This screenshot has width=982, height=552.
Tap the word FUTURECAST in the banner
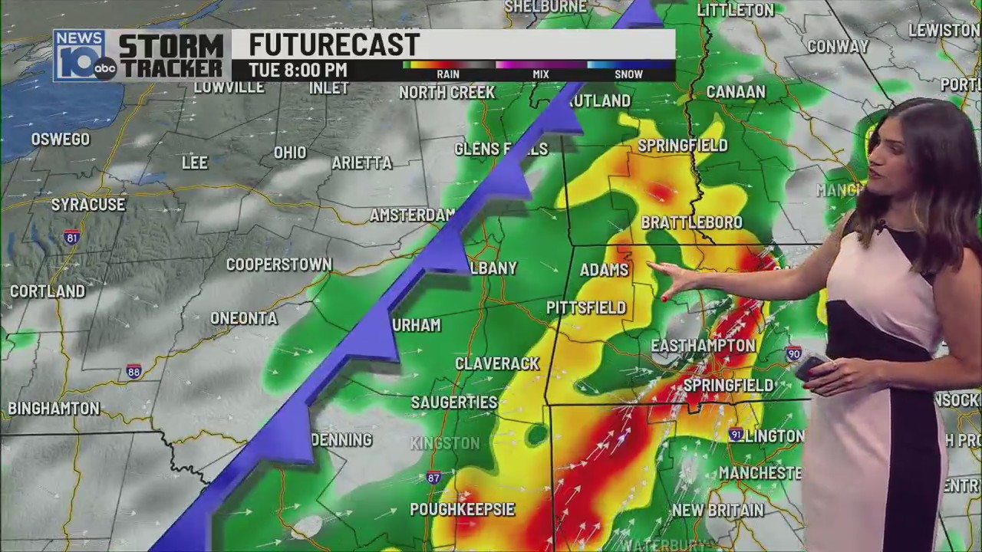pyautogui.click(x=334, y=44)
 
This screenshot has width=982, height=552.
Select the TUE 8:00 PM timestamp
pyautogui.click(x=298, y=70)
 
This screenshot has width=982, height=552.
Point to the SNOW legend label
pyautogui.click(x=628, y=74)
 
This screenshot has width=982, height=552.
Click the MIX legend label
pyautogui.click(x=541, y=74)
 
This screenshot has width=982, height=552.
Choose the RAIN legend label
pyautogui.click(x=448, y=74)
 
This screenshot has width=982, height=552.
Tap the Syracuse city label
pyautogui.click(x=88, y=205)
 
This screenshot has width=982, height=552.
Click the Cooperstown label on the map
pyautogui.click(x=278, y=264)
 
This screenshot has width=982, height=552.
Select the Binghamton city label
pyautogui.click(x=54, y=408)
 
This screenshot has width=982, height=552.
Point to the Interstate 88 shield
pyautogui.click(x=134, y=373)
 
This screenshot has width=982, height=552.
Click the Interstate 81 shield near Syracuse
pyautogui.click(x=71, y=237)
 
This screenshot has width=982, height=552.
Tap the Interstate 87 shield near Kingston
pyautogui.click(x=433, y=478)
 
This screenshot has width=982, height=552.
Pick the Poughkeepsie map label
pyautogui.click(x=462, y=509)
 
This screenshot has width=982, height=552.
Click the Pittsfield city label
pyautogui.click(x=586, y=307)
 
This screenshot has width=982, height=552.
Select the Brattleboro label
pyautogui.click(x=691, y=222)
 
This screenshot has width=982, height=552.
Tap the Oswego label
pyautogui.click(x=61, y=140)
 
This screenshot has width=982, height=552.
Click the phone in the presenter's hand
pyautogui.click(x=809, y=368)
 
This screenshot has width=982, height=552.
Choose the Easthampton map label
pyautogui.click(x=703, y=346)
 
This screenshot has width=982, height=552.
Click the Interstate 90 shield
pyautogui.click(x=793, y=354)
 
